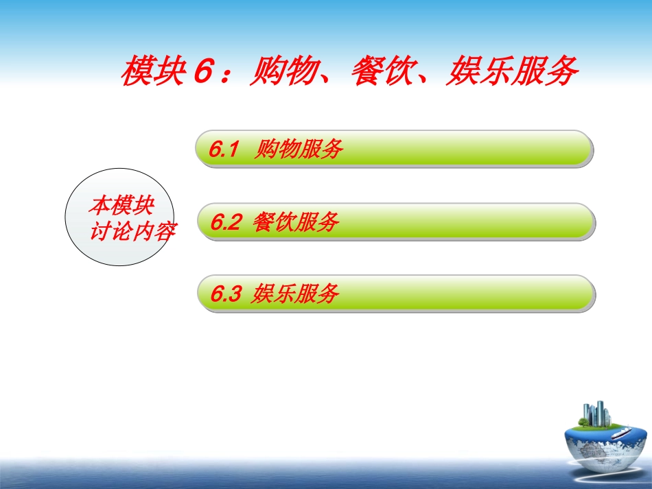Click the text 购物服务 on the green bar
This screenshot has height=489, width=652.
[x=298, y=149]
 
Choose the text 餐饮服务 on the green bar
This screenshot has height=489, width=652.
[x=296, y=222]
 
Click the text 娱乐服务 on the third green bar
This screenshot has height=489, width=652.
[x=296, y=294]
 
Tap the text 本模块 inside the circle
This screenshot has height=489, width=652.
[x=122, y=205]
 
